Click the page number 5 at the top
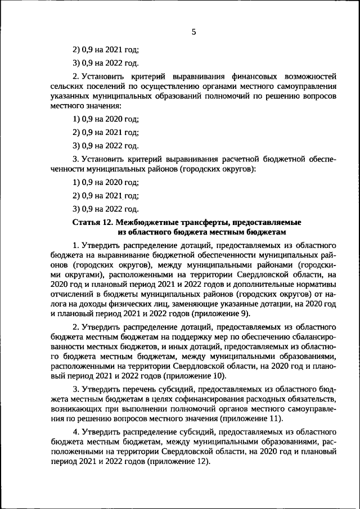click(x=193, y=32)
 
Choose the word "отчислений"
click(x=70, y=294)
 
